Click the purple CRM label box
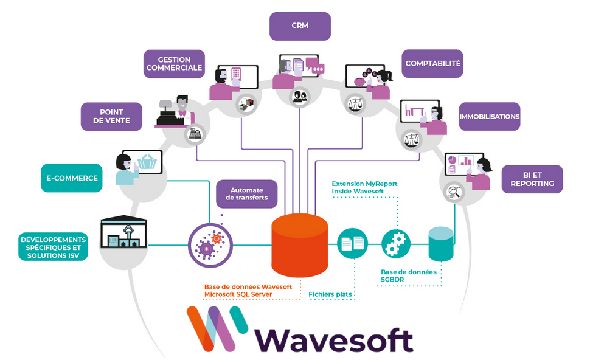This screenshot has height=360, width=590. [300, 26]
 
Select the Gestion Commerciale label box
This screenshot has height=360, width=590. [174, 64]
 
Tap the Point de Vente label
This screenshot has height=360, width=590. [111, 116]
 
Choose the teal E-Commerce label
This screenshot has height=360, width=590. [72, 178]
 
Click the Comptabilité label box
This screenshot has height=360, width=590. [433, 63]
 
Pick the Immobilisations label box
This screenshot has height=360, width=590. [489, 116]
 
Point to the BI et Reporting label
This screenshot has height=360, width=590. [532, 179]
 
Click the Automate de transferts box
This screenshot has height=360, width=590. [247, 193]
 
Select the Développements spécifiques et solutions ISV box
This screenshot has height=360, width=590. [54, 247]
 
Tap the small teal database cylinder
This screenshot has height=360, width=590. [441, 244]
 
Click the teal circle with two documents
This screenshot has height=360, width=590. [353, 244]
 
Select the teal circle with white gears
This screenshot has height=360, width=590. [397, 244]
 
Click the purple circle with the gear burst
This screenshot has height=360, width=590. [209, 245]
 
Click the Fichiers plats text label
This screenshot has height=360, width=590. [331, 294]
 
